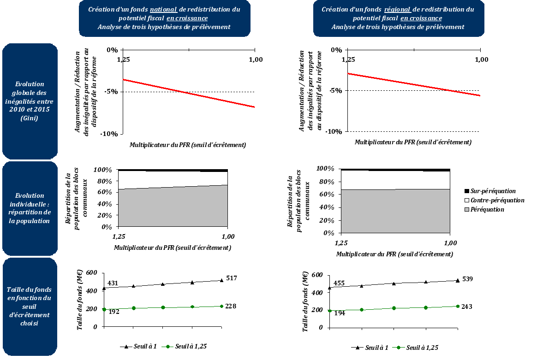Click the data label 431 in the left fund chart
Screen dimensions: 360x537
click(113, 283)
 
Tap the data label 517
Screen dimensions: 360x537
click(232, 277)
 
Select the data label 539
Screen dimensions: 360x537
click(467, 279)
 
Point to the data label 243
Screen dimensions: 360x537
click(467, 307)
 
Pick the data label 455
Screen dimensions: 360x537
click(339, 283)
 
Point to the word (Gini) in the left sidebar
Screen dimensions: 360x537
click(30, 118)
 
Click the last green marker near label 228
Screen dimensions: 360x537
click(221, 306)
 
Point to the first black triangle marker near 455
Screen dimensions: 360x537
click(330, 288)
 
